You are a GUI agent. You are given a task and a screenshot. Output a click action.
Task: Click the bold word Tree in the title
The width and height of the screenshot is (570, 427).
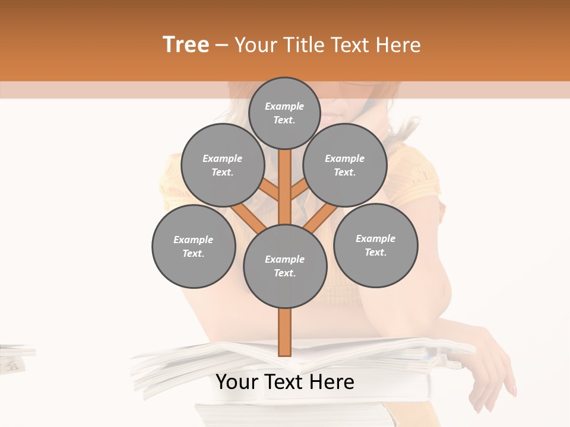[x=186, y=45]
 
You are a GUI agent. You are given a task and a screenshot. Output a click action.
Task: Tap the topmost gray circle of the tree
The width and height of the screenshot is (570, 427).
[x=284, y=113]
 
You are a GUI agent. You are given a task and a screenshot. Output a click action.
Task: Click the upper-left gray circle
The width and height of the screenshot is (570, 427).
[x=222, y=165]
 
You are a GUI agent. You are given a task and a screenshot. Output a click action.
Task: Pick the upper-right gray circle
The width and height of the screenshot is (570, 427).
[x=345, y=165]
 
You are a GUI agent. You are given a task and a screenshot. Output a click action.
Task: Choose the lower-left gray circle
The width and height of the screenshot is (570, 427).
[x=193, y=246]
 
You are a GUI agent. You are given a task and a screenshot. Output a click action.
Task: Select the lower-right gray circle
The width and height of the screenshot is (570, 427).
[x=375, y=245]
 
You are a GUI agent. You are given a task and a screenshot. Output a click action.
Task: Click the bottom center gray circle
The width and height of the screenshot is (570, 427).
[x=285, y=266]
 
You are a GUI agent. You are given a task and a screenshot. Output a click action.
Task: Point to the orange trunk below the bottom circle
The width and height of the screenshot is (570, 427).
[x=285, y=332]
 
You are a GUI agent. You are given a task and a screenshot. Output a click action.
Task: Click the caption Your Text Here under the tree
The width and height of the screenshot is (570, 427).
[x=285, y=382]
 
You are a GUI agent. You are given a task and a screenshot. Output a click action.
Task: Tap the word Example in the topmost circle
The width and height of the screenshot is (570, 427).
[x=284, y=106]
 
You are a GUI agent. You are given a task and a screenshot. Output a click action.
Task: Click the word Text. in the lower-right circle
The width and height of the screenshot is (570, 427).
[x=375, y=252]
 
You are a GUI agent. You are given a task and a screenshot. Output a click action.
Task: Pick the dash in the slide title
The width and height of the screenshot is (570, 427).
[x=222, y=45]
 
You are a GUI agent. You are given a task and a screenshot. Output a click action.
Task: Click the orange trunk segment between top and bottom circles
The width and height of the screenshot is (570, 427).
[x=285, y=190]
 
